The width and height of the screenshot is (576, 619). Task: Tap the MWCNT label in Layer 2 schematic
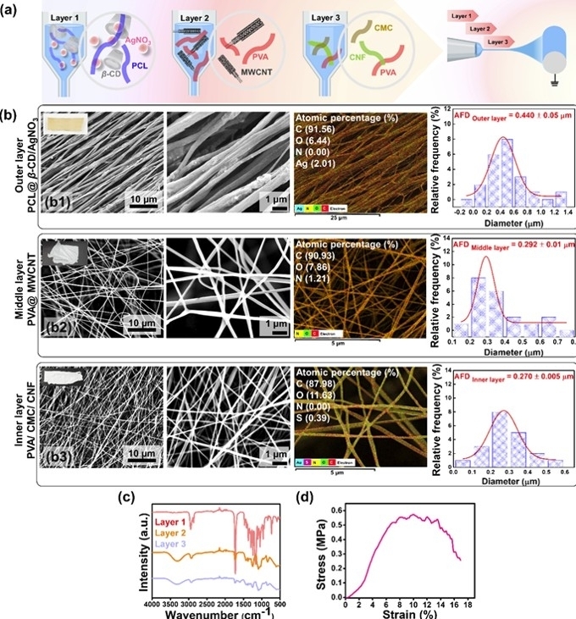pyautogui.click(x=267, y=83)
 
